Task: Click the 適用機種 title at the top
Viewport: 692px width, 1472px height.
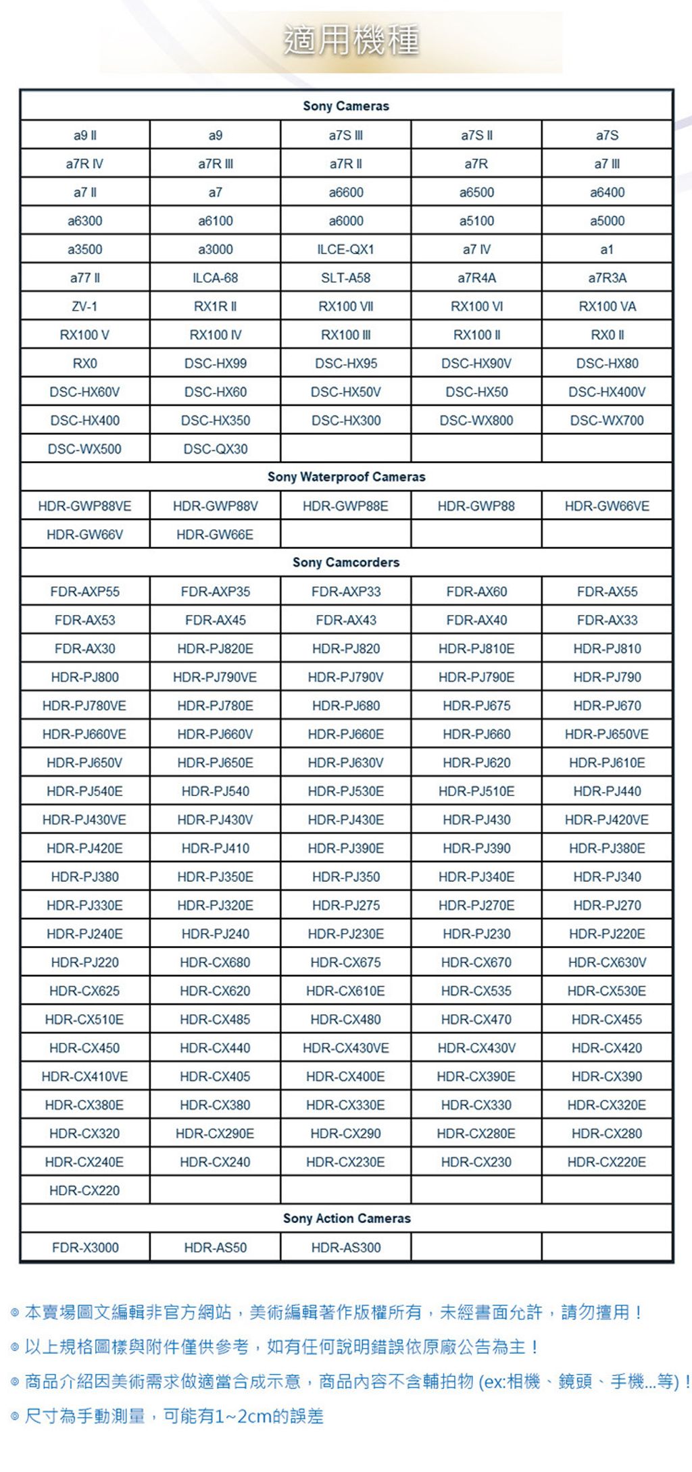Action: click(351, 41)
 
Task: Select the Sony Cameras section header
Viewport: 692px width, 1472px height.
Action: click(346, 106)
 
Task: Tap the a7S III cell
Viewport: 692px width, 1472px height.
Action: click(346, 135)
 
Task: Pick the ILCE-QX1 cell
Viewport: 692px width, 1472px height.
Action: click(346, 249)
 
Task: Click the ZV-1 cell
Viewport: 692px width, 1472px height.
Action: click(84, 307)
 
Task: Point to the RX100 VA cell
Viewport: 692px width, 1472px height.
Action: click(607, 307)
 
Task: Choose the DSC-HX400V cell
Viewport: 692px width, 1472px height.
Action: click(607, 392)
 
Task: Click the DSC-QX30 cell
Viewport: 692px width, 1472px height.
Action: click(216, 449)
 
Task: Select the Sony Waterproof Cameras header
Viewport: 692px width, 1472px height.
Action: click(346, 477)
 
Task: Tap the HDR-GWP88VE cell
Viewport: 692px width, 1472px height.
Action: click(84, 506)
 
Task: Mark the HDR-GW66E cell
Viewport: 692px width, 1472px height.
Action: click(216, 535)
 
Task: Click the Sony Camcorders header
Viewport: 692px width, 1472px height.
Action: click(346, 562)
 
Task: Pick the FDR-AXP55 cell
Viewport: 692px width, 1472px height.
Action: click(84, 592)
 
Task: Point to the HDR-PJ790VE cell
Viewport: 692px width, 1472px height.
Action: click(216, 677)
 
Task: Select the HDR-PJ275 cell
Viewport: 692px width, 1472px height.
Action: click(346, 905)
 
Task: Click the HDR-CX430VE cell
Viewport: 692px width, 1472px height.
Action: click(346, 1048)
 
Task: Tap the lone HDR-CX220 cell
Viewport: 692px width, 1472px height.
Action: click(84, 1190)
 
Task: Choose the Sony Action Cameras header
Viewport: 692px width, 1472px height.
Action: click(346, 1218)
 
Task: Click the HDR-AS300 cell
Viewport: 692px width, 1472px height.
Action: click(346, 1248)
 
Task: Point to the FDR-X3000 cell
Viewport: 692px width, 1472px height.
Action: click(84, 1248)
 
